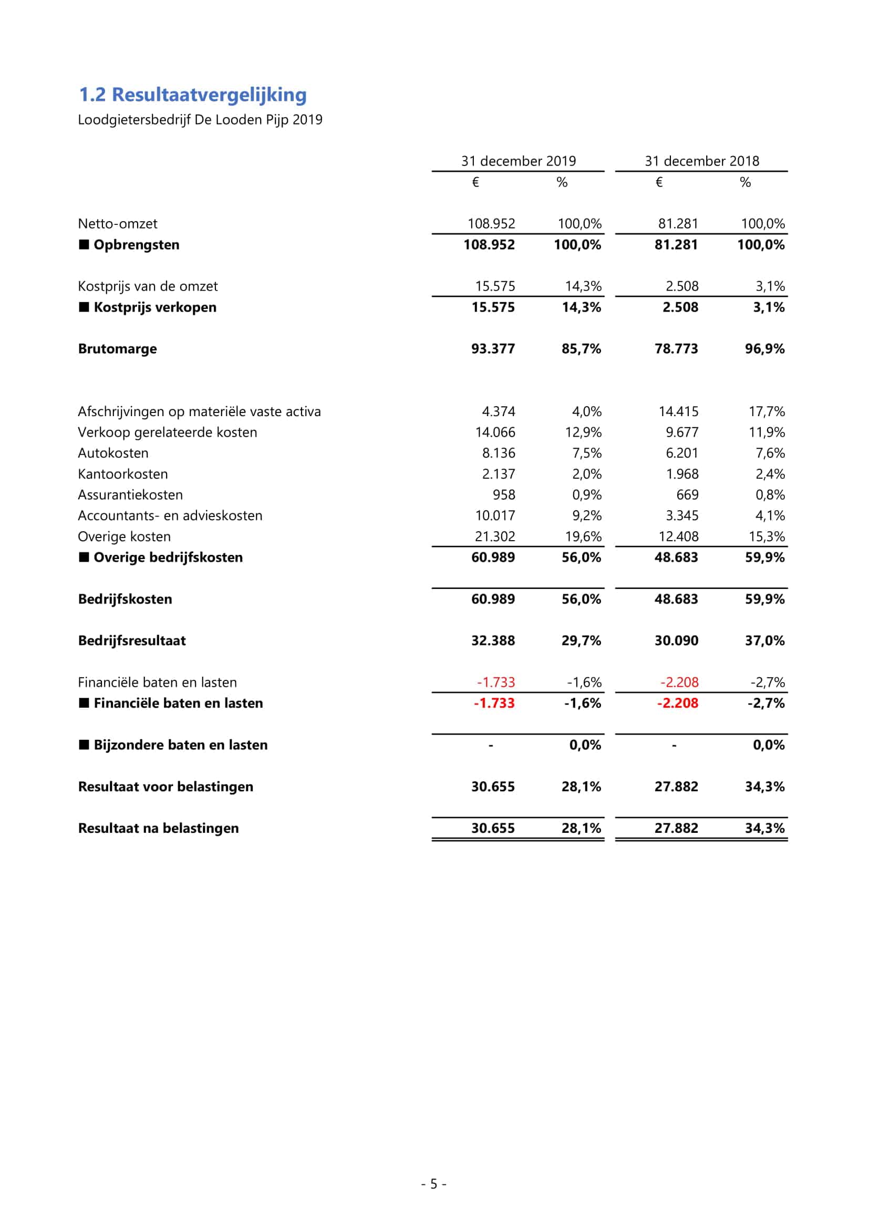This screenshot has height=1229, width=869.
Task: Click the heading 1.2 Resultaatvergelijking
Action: (193, 95)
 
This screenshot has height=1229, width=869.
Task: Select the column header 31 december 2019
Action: (518, 161)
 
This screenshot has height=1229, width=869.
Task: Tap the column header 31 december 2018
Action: (701, 161)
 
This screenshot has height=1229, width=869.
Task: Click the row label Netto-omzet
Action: (118, 224)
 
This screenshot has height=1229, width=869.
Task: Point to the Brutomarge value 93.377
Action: (493, 349)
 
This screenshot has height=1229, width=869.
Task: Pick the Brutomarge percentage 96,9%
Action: (764, 349)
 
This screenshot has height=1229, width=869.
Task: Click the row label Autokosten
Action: (113, 453)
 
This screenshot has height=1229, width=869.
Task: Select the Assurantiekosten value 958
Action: (503, 495)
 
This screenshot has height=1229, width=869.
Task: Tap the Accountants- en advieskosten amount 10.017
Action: (495, 516)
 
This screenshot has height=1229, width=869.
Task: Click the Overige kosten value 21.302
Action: (495, 537)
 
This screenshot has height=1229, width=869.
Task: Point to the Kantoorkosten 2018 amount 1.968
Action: (682, 474)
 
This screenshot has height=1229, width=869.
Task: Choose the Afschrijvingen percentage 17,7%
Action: (766, 411)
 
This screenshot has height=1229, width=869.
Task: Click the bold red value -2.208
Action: (677, 704)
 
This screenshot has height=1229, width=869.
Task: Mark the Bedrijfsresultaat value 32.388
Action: (493, 641)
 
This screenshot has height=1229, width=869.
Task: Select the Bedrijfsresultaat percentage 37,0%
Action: (764, 641)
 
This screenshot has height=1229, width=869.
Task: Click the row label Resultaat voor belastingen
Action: (165, 787)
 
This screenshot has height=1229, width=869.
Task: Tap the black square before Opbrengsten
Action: (84, 245)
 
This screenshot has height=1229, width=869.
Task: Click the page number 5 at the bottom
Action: (433, 1183)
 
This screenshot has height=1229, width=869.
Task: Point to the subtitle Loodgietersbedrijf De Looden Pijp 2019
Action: (200, 120)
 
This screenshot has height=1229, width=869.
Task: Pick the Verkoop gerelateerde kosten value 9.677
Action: (682, 432)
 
